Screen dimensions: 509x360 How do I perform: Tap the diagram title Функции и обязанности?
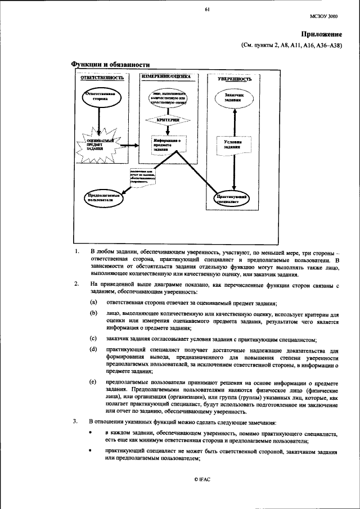[110, 65]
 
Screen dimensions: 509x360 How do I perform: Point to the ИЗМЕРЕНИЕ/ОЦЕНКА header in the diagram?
[166, 77]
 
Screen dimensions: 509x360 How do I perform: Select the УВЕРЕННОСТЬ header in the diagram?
[235, 79]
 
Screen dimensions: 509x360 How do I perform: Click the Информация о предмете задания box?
[165, 145]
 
